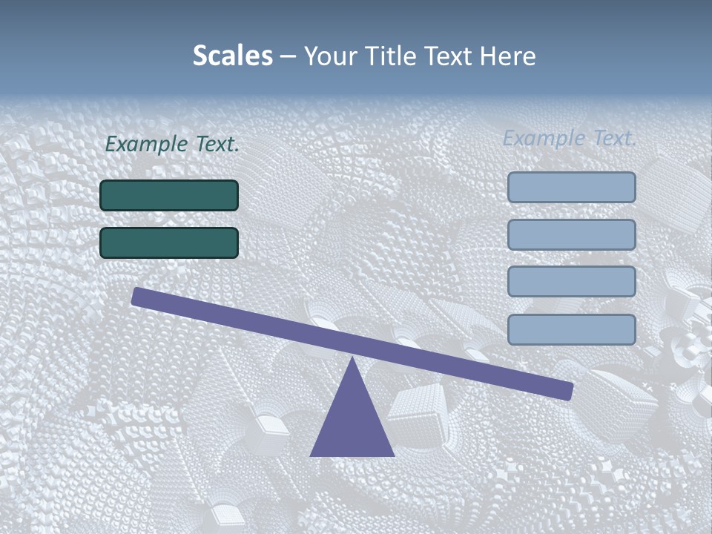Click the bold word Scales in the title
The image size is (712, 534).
point(232,56)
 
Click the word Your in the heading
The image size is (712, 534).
point(331,56)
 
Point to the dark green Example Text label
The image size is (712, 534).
point(172,145)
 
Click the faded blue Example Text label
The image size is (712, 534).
point(570,138)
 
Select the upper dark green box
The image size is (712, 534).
point(169,195)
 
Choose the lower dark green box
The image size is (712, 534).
point(169,243)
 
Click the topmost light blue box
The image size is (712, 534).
point(572,188)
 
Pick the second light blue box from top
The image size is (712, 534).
point(572,234)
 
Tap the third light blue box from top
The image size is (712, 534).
point(572,282)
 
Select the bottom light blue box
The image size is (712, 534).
point(572,329)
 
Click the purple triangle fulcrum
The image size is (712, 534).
point(352,423)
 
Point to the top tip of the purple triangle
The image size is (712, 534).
point(353,360)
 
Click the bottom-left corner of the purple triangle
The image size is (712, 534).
point(311,455)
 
